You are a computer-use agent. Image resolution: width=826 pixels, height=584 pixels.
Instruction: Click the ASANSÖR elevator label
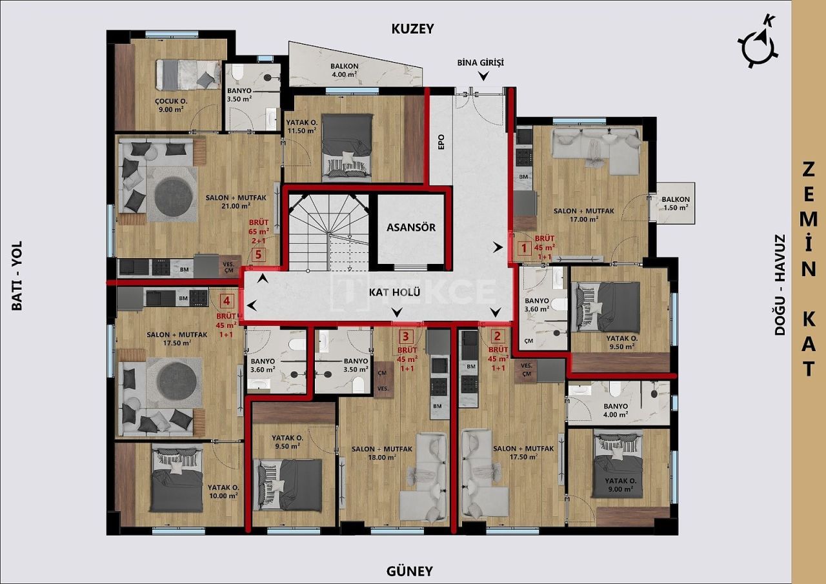[x=411, y=227]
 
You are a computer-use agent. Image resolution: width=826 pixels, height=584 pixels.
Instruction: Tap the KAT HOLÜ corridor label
[x=390, y=292]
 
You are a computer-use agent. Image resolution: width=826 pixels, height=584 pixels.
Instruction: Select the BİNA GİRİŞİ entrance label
[x=479, y=63]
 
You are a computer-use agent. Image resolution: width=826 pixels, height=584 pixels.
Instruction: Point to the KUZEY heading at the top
[x=412, y=28]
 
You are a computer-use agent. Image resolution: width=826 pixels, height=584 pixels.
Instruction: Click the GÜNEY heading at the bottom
[x=409, y=570]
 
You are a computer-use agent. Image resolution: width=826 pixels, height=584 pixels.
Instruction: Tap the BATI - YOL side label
[x=17, y=276]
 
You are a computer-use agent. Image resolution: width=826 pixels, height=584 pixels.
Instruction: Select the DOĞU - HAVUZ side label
[x=780, y=285]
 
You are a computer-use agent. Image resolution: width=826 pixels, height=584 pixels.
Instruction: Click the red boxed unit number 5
[x=259, y=256]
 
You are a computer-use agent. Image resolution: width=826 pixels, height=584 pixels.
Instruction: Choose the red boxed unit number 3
[x=405, y=336]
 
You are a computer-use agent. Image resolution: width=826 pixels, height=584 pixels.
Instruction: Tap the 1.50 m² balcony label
[x=675, y=204]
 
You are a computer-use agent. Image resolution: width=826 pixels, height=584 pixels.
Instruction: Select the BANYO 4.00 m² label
[x=614, y=410]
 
